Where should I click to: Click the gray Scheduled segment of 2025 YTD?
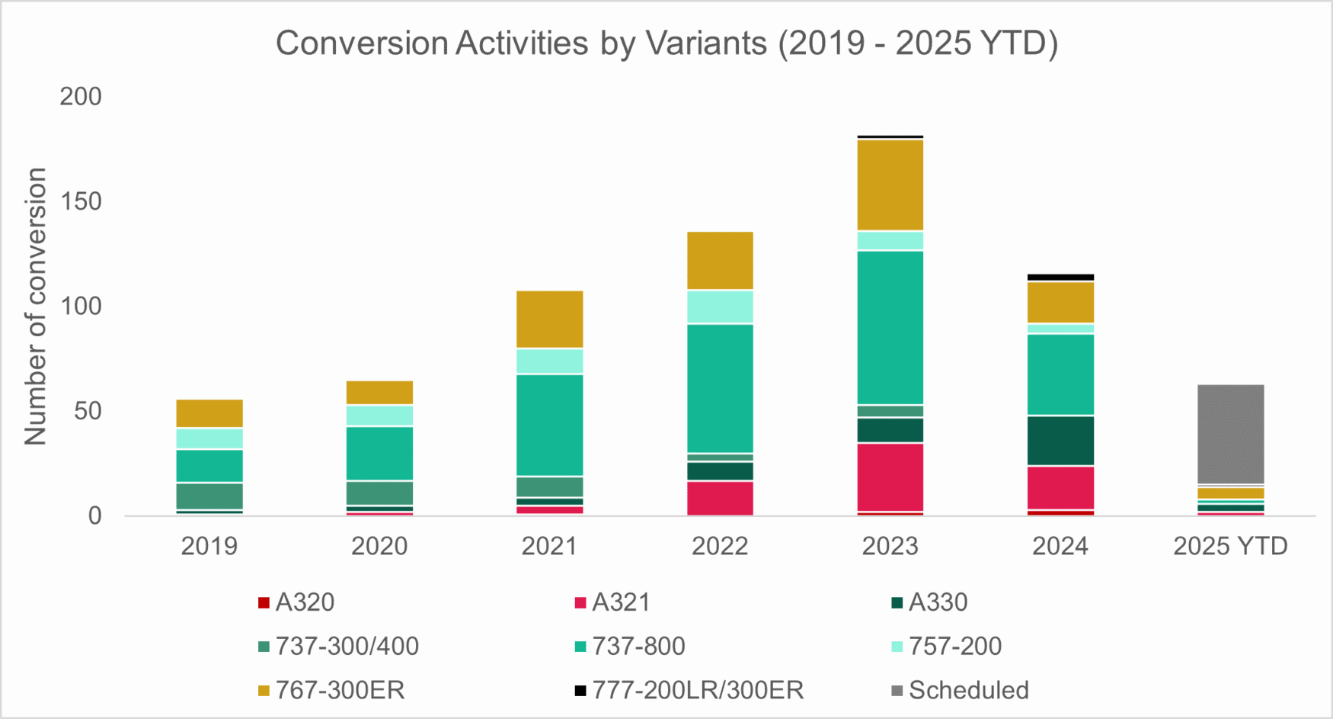tap(1230, 434)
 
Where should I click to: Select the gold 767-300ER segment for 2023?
tap(890, 185)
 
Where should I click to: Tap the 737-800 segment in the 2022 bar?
tap(720, 388)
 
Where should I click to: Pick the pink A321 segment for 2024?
tap(1060, 487)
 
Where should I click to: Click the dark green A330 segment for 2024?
tap(1060, 441)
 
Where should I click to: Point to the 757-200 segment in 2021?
tap(549, 361)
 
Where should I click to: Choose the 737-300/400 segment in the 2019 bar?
tap(209, 496)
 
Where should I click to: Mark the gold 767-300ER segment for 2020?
tap(379, 392)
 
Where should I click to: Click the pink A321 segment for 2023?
tap(890, 477)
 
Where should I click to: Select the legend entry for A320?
tap(296, 602)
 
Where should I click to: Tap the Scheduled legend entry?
tap(960, 690)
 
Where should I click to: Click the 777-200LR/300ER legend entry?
tap(689, 690)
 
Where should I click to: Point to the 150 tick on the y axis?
tap(81, 201)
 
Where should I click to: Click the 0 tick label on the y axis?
tap(94, 516)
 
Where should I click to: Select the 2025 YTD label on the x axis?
tap(1230, 546)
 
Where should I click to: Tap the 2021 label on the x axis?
tap(549, 546)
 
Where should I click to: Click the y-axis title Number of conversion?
tap(36, 307)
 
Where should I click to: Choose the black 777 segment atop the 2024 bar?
tap(1060, 277)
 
